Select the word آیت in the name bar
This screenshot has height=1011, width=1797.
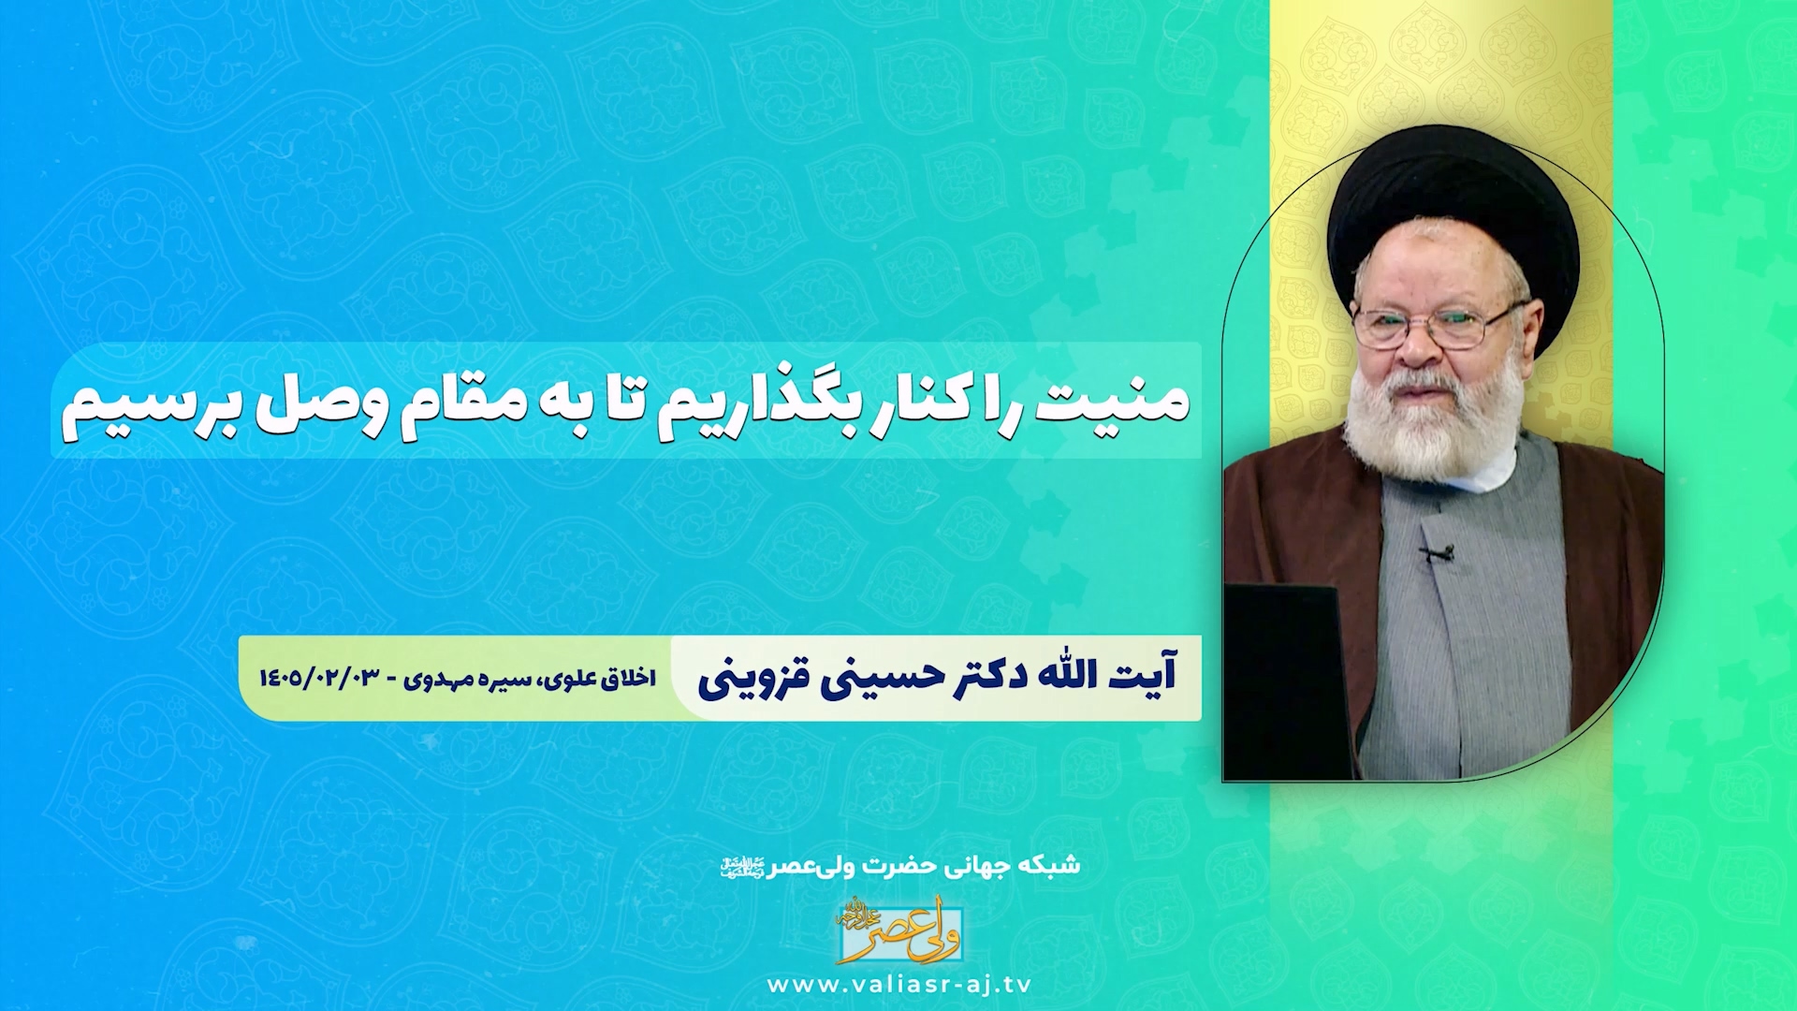click(1143, 674)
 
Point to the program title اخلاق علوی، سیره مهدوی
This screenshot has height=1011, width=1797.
click(530, 678)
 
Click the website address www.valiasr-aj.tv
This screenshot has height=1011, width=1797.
click(898, 985)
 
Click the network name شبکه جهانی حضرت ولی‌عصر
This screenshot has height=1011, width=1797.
click(899, 866)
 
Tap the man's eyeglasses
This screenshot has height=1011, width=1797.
click(1435, 324)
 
